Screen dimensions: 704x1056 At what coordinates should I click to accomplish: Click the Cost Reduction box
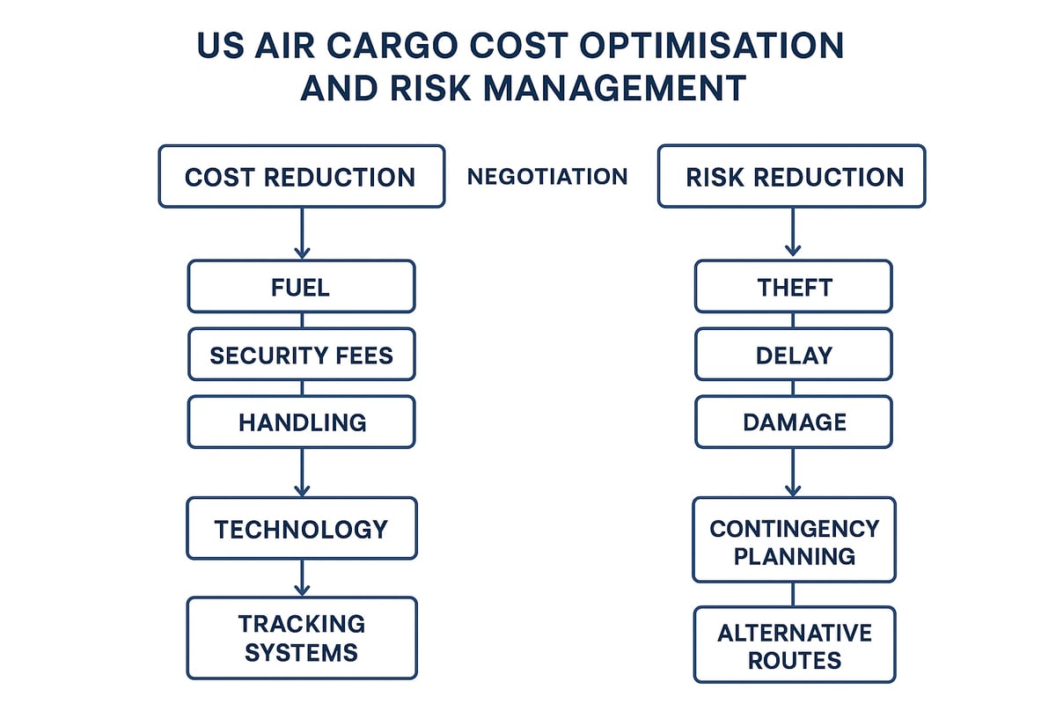[301, 177]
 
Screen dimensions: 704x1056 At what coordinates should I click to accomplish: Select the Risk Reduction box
[792, 177]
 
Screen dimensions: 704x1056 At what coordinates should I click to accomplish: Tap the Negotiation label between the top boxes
[546, 177]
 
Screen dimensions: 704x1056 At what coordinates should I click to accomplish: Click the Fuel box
[301, 287]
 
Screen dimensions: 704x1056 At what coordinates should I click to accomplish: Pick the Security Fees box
[301, 355]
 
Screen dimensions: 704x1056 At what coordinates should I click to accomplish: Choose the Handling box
[301, 422]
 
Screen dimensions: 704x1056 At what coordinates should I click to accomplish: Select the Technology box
[301, 529]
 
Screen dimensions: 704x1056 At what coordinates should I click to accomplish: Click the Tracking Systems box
[301, 638]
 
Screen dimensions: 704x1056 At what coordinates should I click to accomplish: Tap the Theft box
[793, 287]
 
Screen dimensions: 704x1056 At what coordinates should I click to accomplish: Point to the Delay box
[793, 355]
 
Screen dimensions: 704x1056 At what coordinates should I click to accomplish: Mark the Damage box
[793, 422]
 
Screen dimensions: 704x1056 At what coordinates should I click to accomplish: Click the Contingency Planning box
[794, 540]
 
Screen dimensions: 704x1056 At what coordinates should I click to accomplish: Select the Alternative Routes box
[794, 645]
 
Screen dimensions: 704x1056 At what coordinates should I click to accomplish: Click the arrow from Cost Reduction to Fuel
[301, 233]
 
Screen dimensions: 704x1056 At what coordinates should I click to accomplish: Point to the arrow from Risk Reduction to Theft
[792, 233]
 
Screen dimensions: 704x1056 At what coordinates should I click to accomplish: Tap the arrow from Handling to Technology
[301, 473]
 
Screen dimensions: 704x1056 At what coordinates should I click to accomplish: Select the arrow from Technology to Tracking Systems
[301, 578]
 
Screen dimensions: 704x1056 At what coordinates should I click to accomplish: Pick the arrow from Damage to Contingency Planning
[793, 473]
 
